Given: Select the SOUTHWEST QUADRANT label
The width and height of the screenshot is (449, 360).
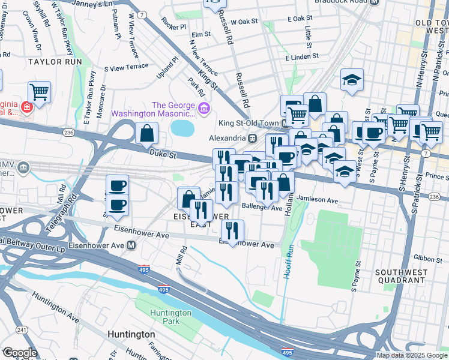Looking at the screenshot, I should tap(400, 276).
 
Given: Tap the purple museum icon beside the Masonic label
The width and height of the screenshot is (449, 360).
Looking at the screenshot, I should tap(204, 109).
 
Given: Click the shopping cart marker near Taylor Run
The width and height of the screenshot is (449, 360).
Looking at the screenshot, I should tap(39, 92).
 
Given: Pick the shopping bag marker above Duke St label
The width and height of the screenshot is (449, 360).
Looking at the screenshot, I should tap(146, 134).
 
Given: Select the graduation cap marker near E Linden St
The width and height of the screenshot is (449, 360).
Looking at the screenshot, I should tap(352, 79).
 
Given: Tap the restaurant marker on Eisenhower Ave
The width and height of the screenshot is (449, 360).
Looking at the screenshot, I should tap(232, 230).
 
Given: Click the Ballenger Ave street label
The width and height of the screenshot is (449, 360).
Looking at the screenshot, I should tap(261, 208).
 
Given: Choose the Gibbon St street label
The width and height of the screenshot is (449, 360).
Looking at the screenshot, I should tap(427, 258).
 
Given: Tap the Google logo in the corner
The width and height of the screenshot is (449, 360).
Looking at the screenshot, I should tap(20, 353).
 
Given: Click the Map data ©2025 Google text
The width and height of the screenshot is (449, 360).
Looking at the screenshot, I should tap(411, 355).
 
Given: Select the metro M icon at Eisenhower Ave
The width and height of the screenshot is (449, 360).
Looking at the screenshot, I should tap(131, 245).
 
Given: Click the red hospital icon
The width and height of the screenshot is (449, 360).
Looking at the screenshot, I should tap(26, 107).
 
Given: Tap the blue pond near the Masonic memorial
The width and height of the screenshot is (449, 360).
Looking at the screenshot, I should tap(182, 127).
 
